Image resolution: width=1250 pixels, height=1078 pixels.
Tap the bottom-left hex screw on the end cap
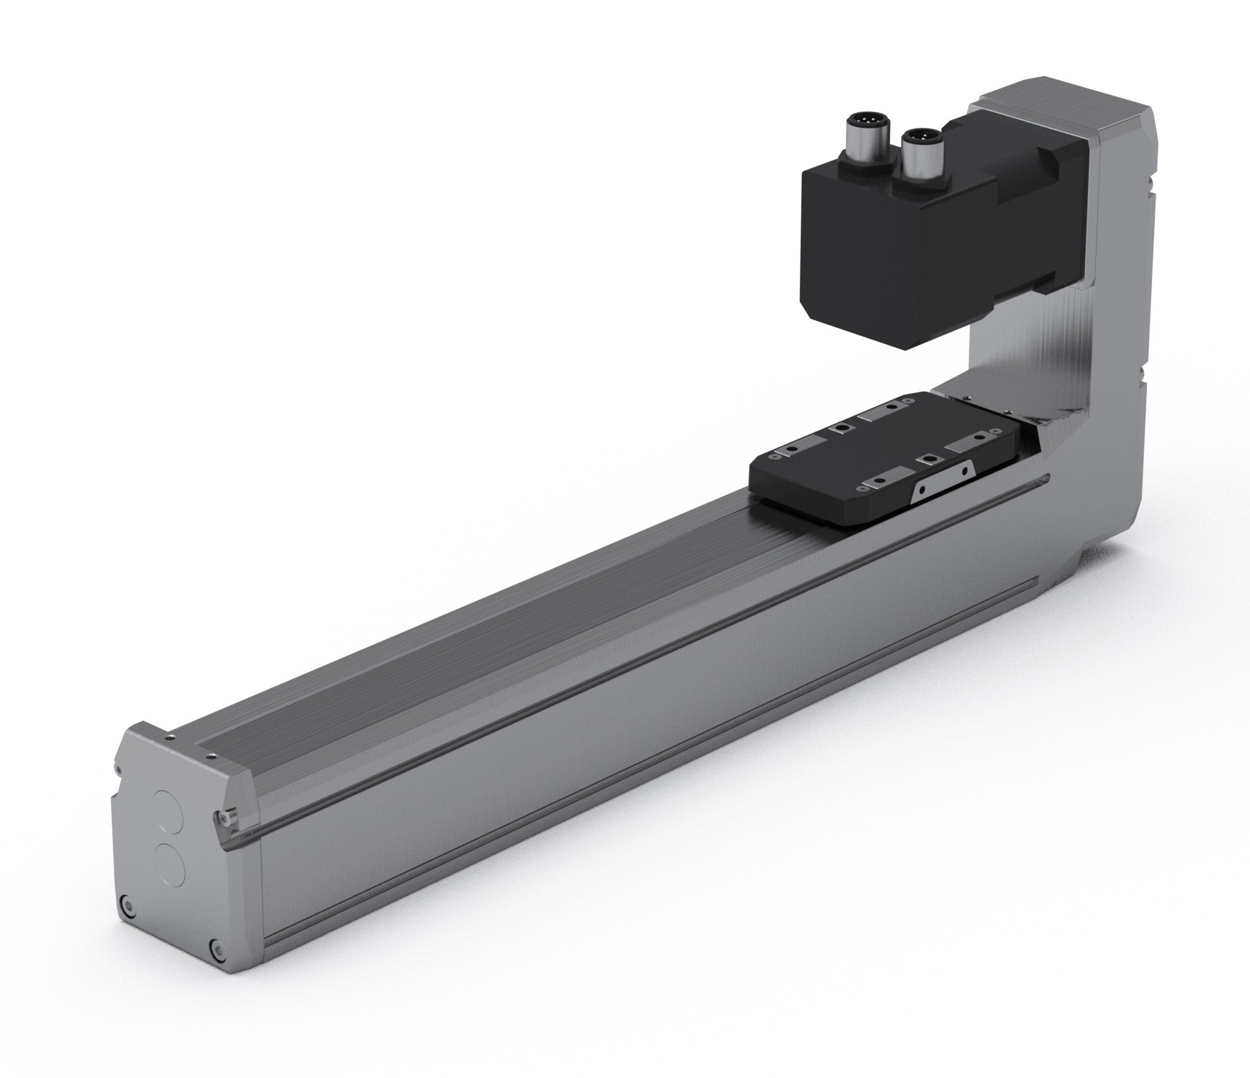click(126, 904)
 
